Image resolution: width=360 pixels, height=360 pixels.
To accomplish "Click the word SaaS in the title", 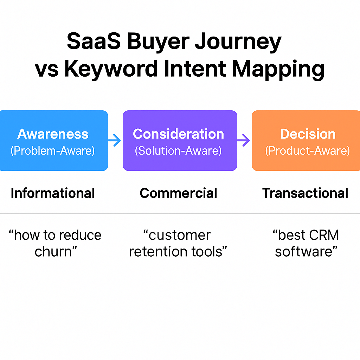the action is (94, 41).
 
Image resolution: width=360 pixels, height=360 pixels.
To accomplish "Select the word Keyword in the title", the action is (111, 69).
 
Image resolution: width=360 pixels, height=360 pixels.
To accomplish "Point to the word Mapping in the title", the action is (278, 69).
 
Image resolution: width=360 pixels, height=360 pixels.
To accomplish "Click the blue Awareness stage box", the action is (53, 141).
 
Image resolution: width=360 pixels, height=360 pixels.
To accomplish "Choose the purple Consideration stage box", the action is (180, 141).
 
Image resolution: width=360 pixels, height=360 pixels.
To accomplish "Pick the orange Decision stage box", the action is (306, 141).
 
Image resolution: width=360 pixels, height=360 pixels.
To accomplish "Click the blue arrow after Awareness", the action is (114, 140).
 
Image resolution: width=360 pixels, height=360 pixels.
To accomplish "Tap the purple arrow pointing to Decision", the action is (243, 140).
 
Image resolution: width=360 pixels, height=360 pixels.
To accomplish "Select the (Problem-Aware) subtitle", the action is (53, 151).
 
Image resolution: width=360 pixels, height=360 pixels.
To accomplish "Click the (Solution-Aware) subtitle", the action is (178, 151).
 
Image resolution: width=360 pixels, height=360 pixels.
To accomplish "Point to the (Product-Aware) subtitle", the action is (307, 151).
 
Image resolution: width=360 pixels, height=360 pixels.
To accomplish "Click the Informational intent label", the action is (53, 193).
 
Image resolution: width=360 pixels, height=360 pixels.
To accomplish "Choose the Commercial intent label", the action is (178, 193).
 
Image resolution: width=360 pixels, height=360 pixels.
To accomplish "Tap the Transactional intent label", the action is (305, 193).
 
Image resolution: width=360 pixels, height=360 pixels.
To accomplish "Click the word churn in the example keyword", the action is (53, 251).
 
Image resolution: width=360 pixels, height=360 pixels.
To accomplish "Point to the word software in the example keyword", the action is (303, 252).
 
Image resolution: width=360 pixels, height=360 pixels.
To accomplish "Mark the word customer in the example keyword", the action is (179, 235).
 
